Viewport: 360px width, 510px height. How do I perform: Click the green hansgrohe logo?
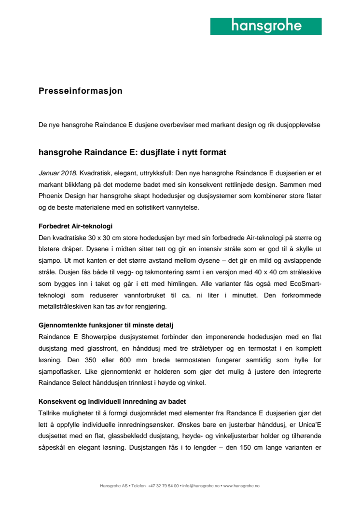[x=266, y=26]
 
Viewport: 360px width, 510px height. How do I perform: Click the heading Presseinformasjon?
[x=81, y=91]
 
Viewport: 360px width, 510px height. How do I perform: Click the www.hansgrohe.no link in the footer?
[x=241, y=485]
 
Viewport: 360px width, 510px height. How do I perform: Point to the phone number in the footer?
[x=164, y=485]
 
